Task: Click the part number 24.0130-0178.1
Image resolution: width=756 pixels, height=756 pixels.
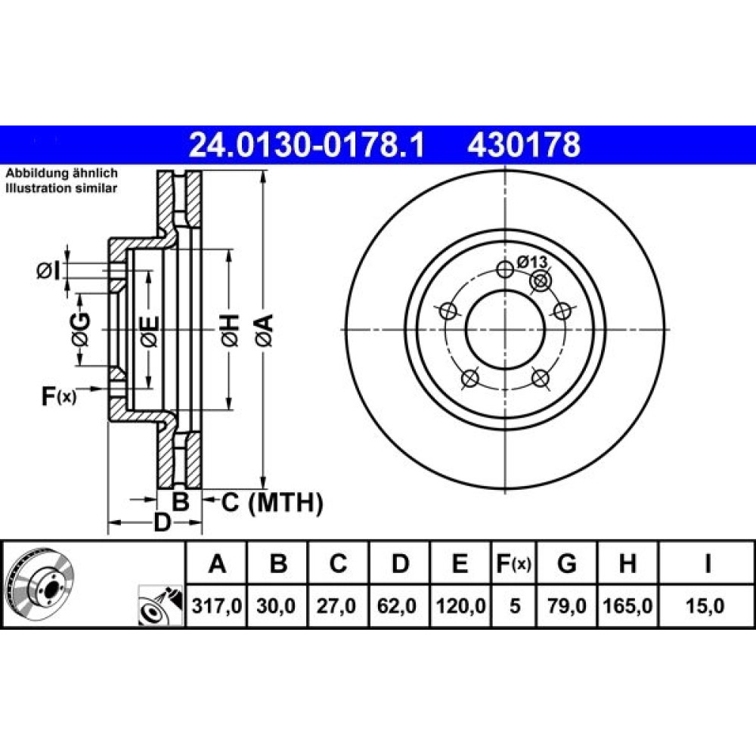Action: coord(307,145)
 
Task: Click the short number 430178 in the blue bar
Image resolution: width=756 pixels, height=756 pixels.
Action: coord(524,145)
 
